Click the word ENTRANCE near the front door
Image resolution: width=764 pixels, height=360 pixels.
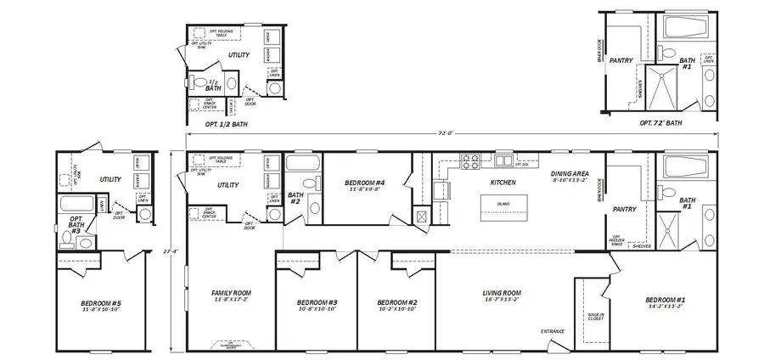coord(553,331)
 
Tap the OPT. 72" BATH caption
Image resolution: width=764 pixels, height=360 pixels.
coord(660,123)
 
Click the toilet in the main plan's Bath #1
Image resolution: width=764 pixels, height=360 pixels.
coord(671,191)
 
